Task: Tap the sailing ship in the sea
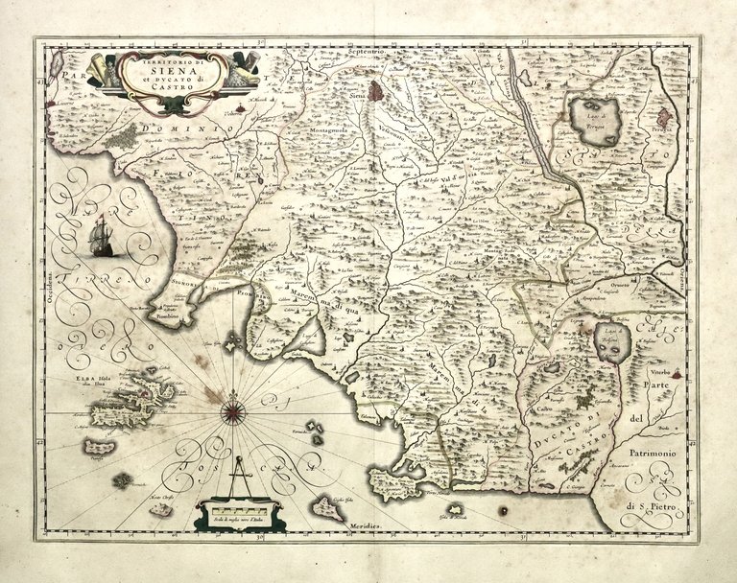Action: [x=100, y=237]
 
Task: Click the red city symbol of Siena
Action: [x=381, y=92]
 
